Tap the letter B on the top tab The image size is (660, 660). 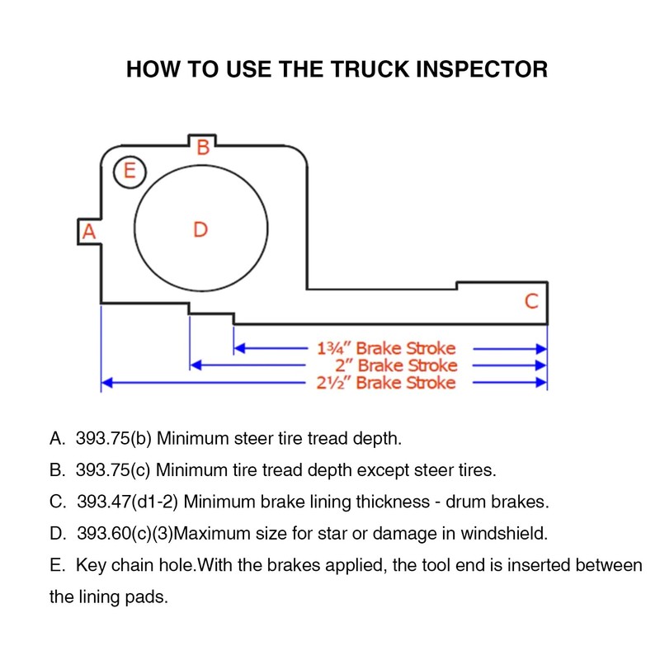[202, 148]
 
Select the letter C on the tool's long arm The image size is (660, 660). [531, 301]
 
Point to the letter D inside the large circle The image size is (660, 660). [200, 229]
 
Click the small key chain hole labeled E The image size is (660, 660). [129, 172]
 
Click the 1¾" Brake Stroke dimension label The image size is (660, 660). [386, 348]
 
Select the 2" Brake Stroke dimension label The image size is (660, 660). [396, 365]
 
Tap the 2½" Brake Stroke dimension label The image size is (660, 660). [386, 383]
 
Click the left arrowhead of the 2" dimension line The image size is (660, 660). [196, 365]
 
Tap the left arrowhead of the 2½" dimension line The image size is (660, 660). [105, 383]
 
